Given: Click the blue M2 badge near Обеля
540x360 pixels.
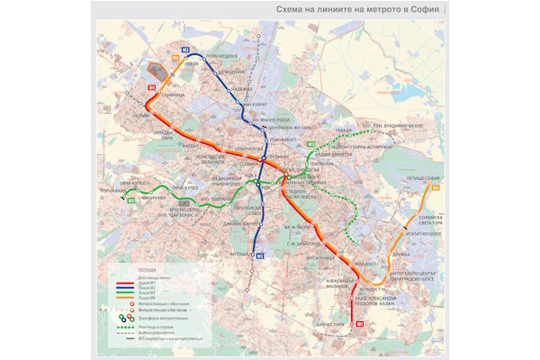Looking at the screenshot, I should pyautogui.click(x=185, y=49).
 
